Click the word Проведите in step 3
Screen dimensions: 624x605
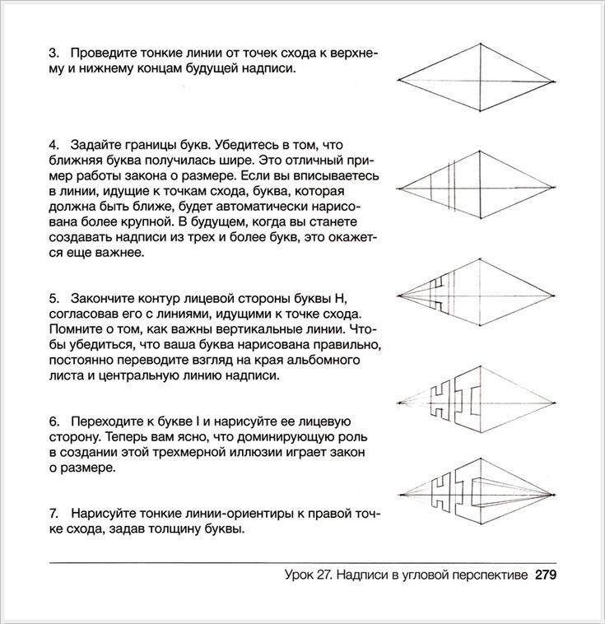point(105,54)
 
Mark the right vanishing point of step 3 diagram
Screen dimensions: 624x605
point(552,80)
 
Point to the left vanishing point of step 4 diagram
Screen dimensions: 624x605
point(400,186)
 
